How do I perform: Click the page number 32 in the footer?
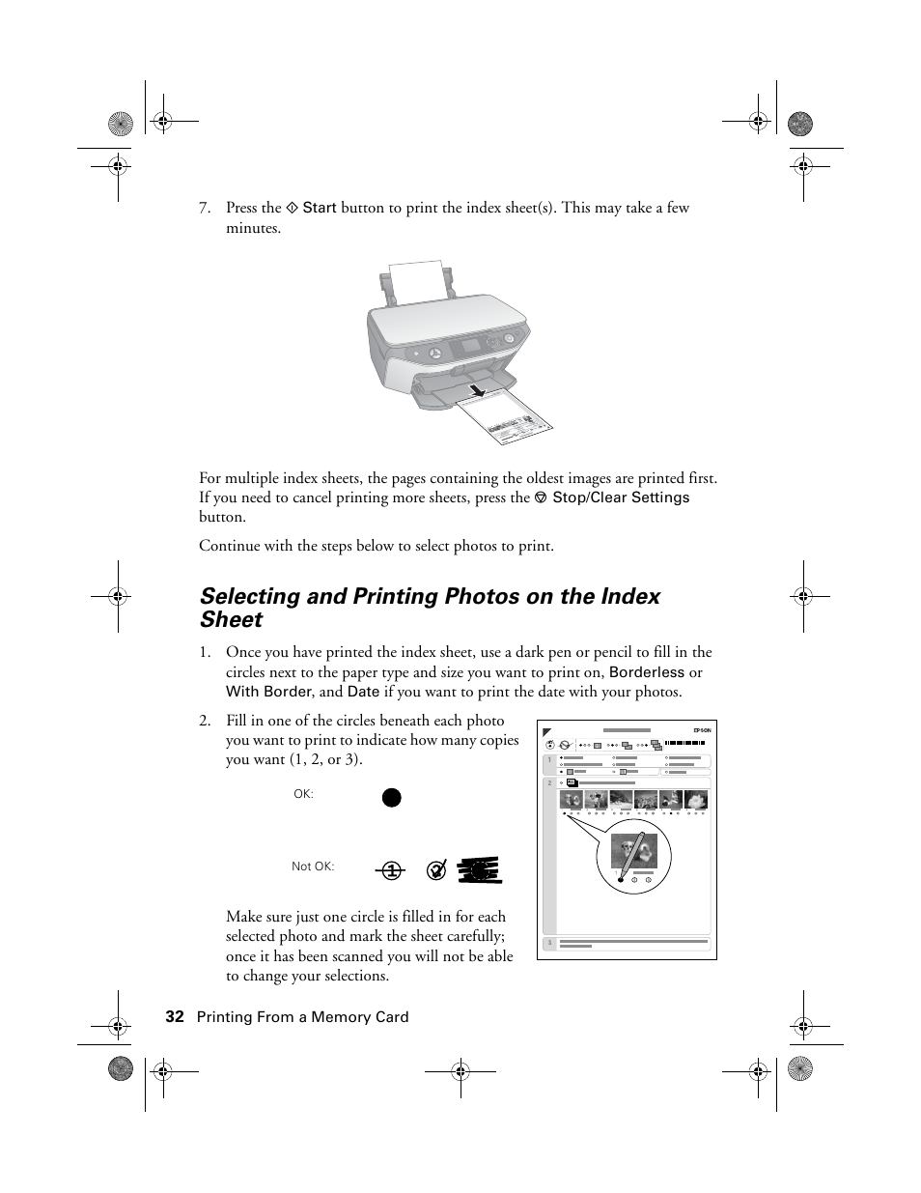click(174, 1016)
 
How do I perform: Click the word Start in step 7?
click(320, 208)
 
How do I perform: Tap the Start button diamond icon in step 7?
click(292, 208)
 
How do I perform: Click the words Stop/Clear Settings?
click(621, 497)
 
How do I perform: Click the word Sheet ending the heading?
click(231, 620)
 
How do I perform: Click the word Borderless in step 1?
click(646, 672)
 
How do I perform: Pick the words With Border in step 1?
click(268, 692)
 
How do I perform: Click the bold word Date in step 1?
click(363, 692)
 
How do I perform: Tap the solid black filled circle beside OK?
click(390, 797)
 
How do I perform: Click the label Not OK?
click(313, 866)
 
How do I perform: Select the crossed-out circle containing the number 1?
click(390, 870)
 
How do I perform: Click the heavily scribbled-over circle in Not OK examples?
click(479, 869)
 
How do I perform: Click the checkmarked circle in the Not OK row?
click(436, 869)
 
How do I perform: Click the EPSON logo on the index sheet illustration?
click(702, 730)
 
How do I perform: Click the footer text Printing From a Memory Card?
click(302, 1016)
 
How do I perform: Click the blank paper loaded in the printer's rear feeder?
click(416, 279)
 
